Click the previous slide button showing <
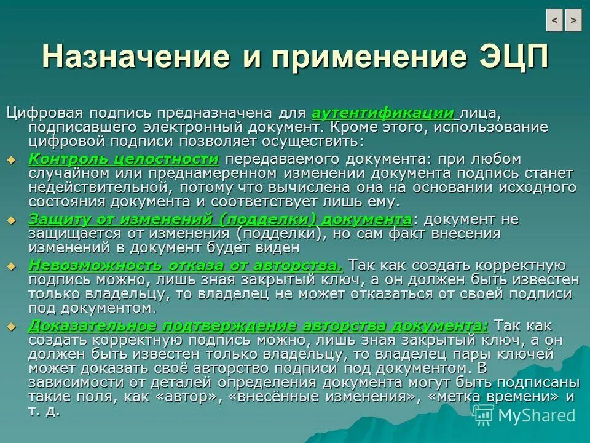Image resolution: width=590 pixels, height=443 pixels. tap(554, 20)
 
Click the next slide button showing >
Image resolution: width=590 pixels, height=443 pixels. tap(573, 20)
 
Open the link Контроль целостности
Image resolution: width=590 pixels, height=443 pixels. tap(124, 159)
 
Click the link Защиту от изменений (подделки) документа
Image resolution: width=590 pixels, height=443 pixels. tap(220, 219)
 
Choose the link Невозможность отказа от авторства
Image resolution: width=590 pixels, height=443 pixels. tap(186, 265)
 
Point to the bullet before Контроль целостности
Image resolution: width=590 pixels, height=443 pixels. tap(10, 160)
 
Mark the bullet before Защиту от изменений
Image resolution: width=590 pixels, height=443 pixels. tap(10, 220)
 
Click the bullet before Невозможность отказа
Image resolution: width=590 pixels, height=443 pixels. tap(10, 266)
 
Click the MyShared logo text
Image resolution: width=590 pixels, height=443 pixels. tap(536, 415)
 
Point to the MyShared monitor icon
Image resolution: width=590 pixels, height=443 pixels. tap(483, 415)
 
